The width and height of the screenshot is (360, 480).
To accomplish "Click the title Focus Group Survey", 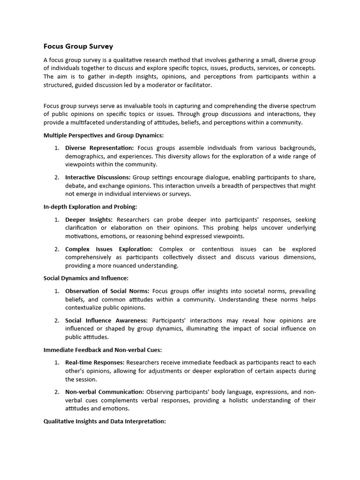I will coord(78,46).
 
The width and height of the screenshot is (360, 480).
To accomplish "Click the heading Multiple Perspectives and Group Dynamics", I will coord(104,135).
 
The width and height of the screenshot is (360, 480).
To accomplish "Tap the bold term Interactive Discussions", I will coord(98,177).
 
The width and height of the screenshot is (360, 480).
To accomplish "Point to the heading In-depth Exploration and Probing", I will coord(90,207).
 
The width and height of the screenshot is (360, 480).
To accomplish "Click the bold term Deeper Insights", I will coord(89,219).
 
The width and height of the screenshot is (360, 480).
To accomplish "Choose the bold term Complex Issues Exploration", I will coord(109,249).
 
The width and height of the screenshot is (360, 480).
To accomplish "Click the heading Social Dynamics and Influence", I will coord(86,278).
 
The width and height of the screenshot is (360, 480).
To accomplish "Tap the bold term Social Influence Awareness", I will coord(106,320).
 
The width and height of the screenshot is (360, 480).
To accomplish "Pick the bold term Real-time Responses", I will coord(95,362).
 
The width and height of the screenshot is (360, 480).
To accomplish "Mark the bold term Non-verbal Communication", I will coord(105,392).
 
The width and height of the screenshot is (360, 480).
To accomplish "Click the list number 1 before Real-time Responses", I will coord(56,362).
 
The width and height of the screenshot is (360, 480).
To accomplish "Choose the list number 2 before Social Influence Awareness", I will coord(56,320).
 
